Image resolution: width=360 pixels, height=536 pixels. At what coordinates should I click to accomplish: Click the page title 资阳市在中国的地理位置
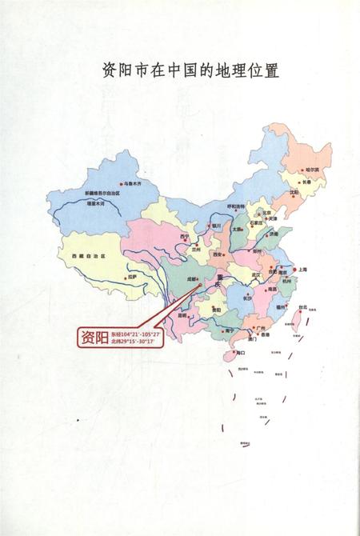[x=179, y=71]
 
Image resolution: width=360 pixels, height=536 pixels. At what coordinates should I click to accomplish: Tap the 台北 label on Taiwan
[x=302, y=306]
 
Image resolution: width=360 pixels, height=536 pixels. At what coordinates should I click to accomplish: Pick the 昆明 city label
[x=182, y=314]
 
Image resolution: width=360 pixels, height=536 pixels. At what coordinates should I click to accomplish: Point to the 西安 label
[x=217, y=254]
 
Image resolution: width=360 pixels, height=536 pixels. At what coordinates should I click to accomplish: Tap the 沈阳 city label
[x=294, y=191]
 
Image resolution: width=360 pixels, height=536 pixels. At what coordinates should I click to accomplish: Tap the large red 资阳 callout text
[x=93, y=336]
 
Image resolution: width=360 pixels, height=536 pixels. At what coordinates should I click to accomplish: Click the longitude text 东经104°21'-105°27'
[x=138, y=332]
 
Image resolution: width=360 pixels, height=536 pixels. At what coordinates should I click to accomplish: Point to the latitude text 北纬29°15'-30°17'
[x=138, y=342]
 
